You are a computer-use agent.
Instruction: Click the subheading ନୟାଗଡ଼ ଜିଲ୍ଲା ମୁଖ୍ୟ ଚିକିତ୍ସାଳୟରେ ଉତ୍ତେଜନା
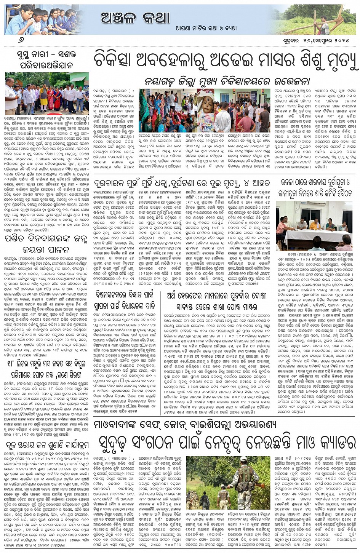[227, 82]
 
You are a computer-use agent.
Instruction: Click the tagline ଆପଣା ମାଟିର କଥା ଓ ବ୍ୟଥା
[201, 28]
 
